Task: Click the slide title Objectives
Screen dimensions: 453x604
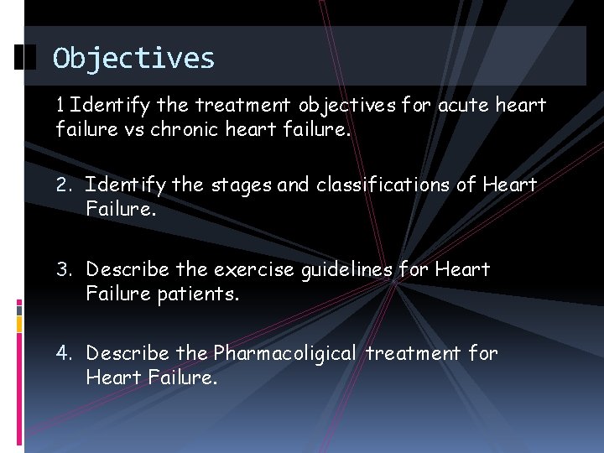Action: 133,58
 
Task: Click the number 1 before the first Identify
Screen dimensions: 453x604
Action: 59,106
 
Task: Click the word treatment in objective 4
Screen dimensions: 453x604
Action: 414,354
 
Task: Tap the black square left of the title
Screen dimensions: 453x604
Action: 26,58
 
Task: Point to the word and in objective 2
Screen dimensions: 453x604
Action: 294,185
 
